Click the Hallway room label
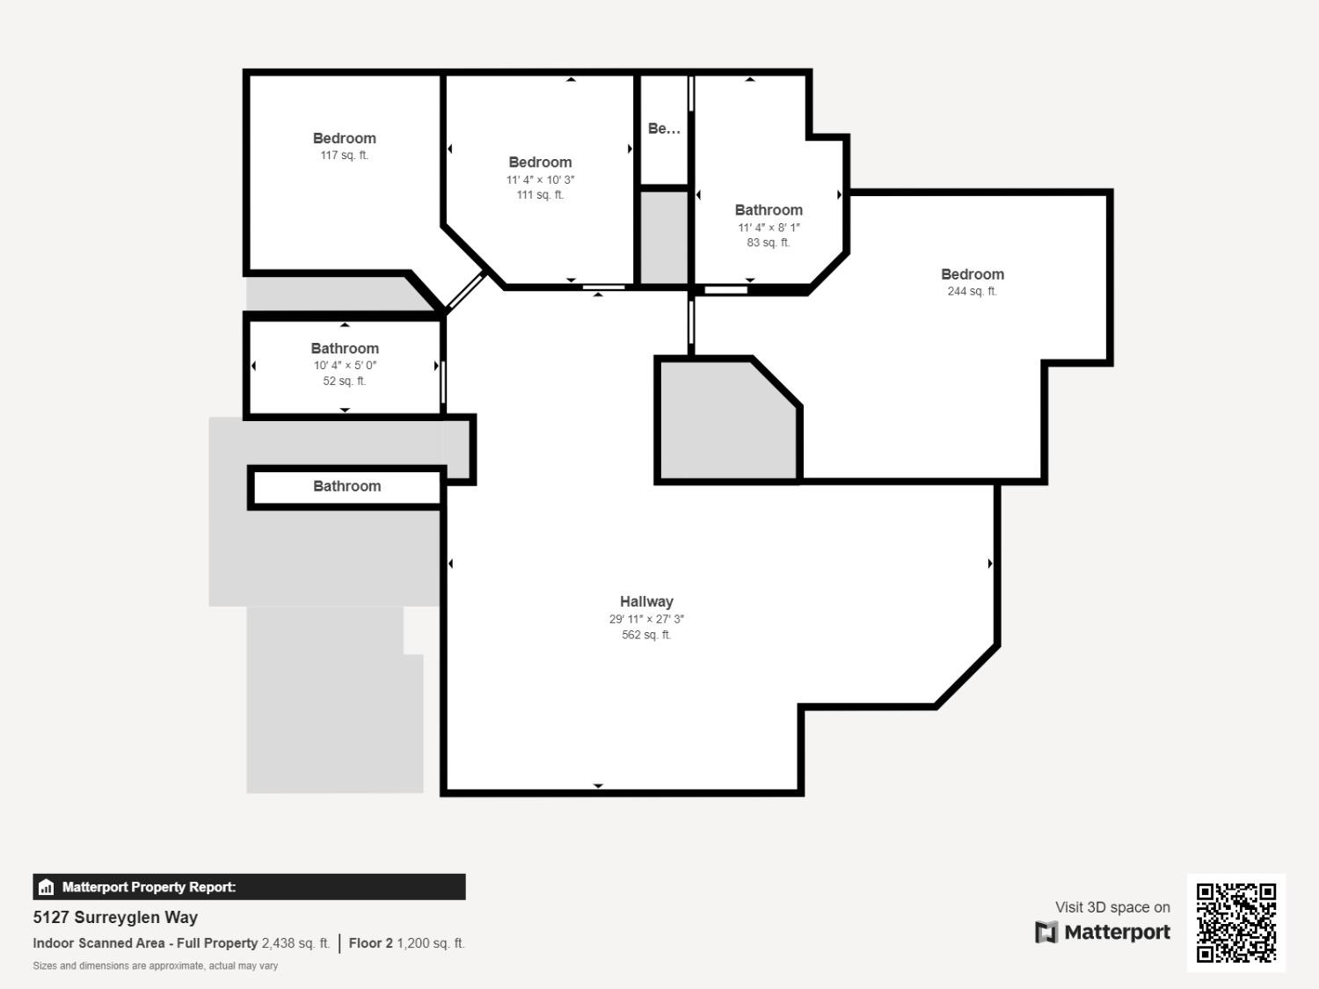click(x=646, y=601)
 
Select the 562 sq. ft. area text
click(x=646, y=635)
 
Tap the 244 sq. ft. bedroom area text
click(x=972, y=291)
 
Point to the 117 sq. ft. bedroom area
click(x=344, y=156)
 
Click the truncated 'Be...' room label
click(x=664, y=128)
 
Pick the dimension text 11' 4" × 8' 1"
click(x=769, y=228)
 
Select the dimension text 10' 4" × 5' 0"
click(x=345, y=366)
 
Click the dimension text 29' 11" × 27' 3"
click(x=646, y=619)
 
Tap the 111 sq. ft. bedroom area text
click(x=540, y=195)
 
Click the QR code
click(x=1235, y=922)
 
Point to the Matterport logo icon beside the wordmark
click(x=1046, y=932)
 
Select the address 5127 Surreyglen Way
click(x=115, y=917)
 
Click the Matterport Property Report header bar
click(x=249, y=887)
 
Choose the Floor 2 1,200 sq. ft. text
click(x=406, y=943)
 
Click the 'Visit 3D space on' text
click(x=1112, y=907)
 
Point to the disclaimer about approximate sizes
click(x=156, y=966)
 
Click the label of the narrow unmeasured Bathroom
click(x=347, y=486)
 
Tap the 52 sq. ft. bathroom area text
click(x=345, y=382)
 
